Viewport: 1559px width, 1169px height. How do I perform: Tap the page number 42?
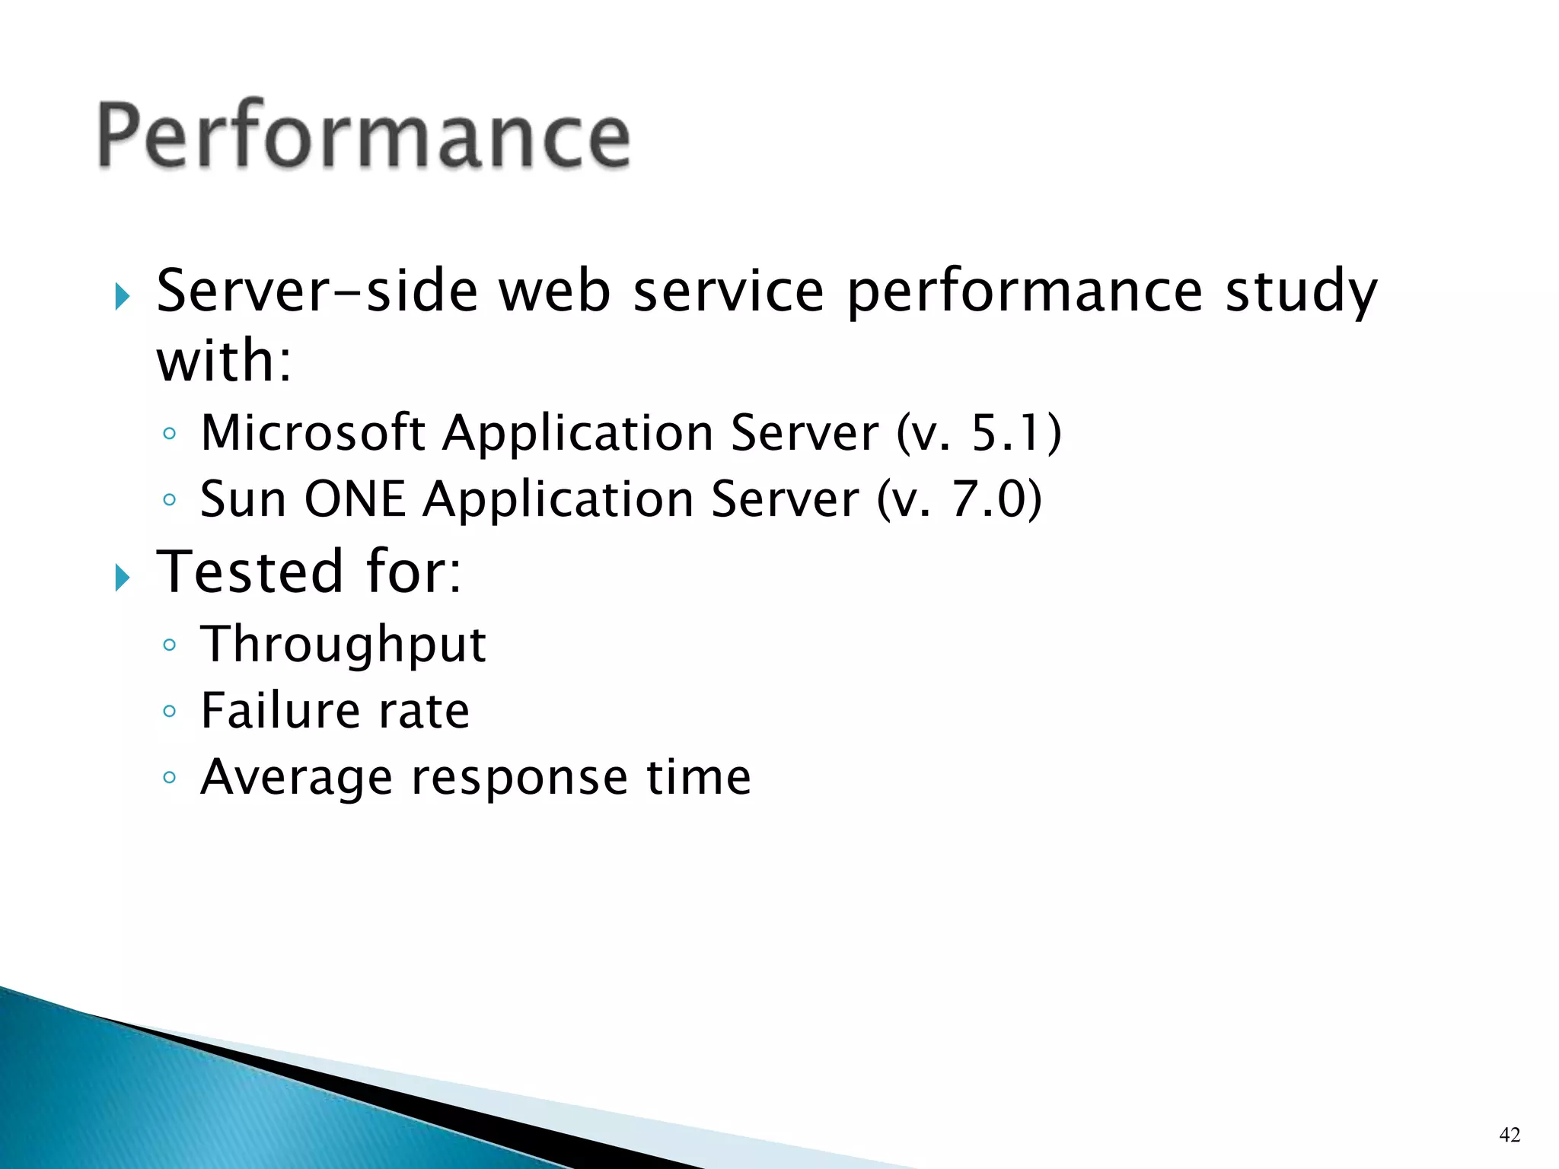(x=1509, y=1135)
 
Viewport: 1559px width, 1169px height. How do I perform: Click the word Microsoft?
(x=312, y=433)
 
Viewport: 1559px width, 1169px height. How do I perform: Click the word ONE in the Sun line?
(x=355, y=500)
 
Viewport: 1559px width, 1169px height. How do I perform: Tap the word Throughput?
(x=343, y=645)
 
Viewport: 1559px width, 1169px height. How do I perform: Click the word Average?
(x=296, y=778)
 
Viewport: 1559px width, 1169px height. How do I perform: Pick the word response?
(x=519, y=778)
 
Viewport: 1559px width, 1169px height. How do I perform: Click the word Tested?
(x=250, y=572)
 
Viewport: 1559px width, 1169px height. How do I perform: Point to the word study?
(x=1301, y=292)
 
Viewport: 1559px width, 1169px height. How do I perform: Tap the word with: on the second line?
(x=224, y=361)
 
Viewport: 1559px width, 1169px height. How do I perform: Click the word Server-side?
(x=317, y=292)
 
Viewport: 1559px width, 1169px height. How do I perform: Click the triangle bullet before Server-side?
(x=123, y=296)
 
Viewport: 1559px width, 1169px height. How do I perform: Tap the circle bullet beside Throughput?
(x=170, y=645)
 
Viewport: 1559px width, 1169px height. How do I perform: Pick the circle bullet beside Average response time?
(x=170, y=778)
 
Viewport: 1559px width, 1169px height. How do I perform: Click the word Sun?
(x=243, y=500)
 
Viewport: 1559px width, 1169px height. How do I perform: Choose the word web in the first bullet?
(x=554, y=292)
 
